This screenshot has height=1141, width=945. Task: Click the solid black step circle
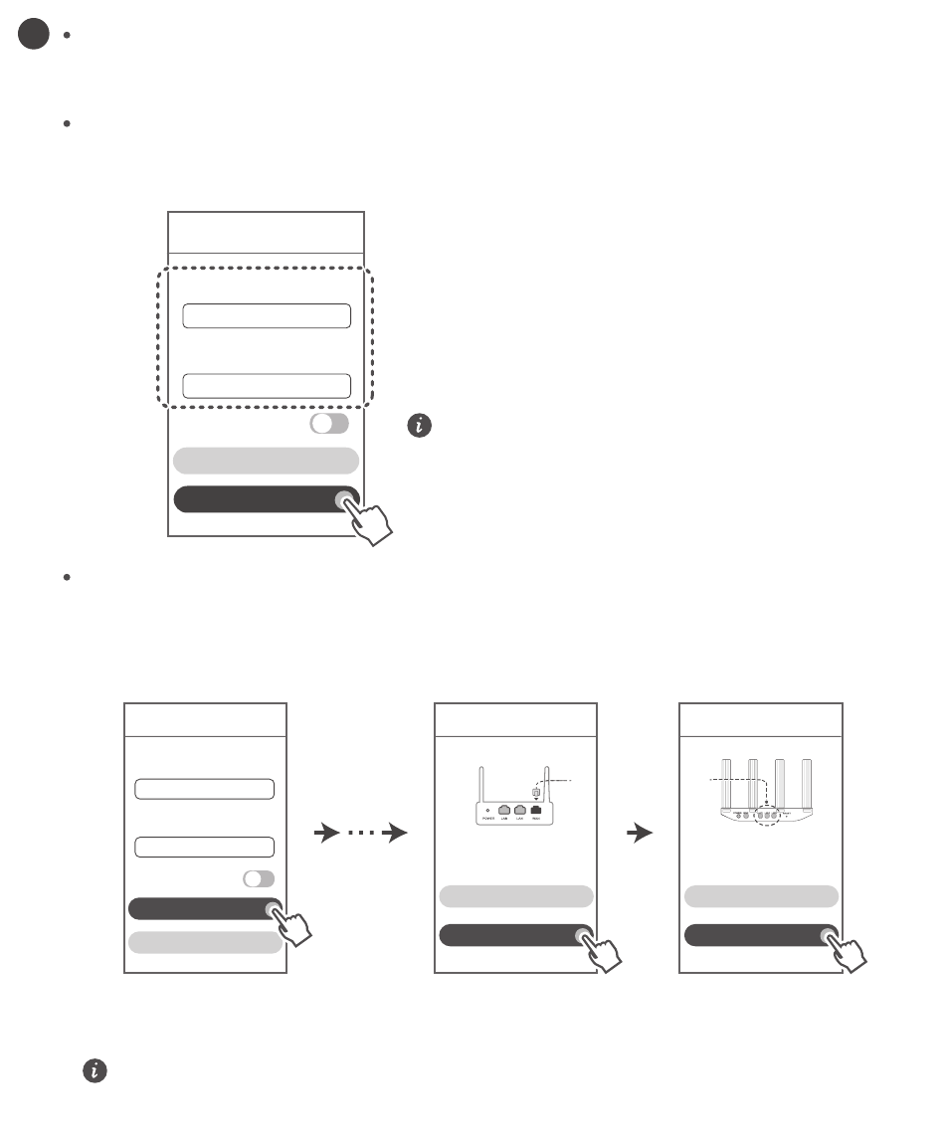tap(33, 35)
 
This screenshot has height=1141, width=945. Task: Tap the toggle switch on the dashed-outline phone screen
tap(329, 424)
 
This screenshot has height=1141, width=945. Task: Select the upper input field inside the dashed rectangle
tap(267, 316)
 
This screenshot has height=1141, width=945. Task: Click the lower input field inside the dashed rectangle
tap(267, 386)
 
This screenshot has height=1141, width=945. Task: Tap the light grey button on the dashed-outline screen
tap(266, 460)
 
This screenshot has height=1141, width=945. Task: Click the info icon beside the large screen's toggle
tap(422, 426)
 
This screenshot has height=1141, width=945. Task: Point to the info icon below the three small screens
tap(94, 1070)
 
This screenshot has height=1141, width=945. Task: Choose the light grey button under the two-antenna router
tap(515, 895)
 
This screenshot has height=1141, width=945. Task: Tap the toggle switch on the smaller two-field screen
tap(259, 879)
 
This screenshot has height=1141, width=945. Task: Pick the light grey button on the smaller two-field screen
tap(204, 942)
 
